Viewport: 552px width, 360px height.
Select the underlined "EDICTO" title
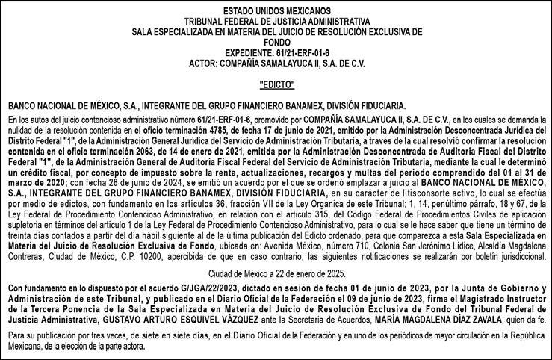276,84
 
